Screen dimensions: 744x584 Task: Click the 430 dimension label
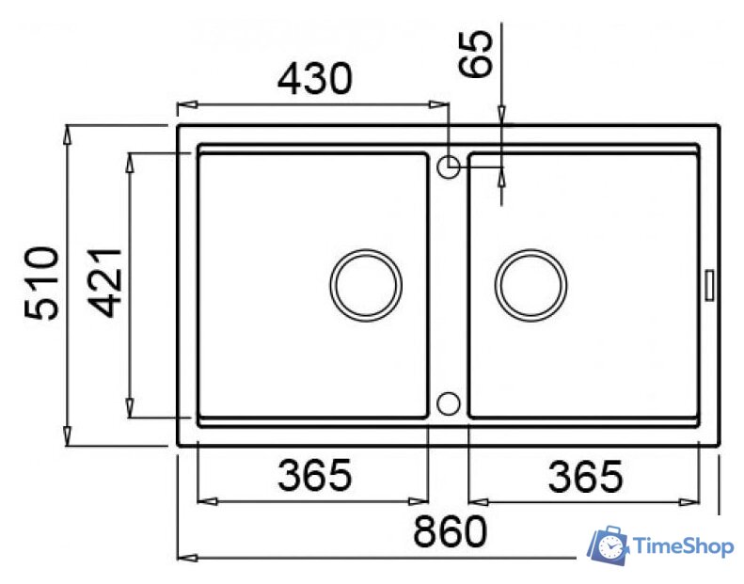[315, 78]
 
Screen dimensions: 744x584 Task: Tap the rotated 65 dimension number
[475, 54]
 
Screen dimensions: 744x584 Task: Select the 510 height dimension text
[42, 283]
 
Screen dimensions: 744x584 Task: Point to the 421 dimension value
[105, 282]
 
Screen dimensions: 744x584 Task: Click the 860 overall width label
[451, 532]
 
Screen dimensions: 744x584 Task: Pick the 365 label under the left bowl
[315, 475]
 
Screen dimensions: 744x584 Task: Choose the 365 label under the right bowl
[585, 476]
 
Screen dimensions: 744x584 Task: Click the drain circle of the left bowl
[366, 250]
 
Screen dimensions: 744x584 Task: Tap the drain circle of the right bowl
[530, 250]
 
